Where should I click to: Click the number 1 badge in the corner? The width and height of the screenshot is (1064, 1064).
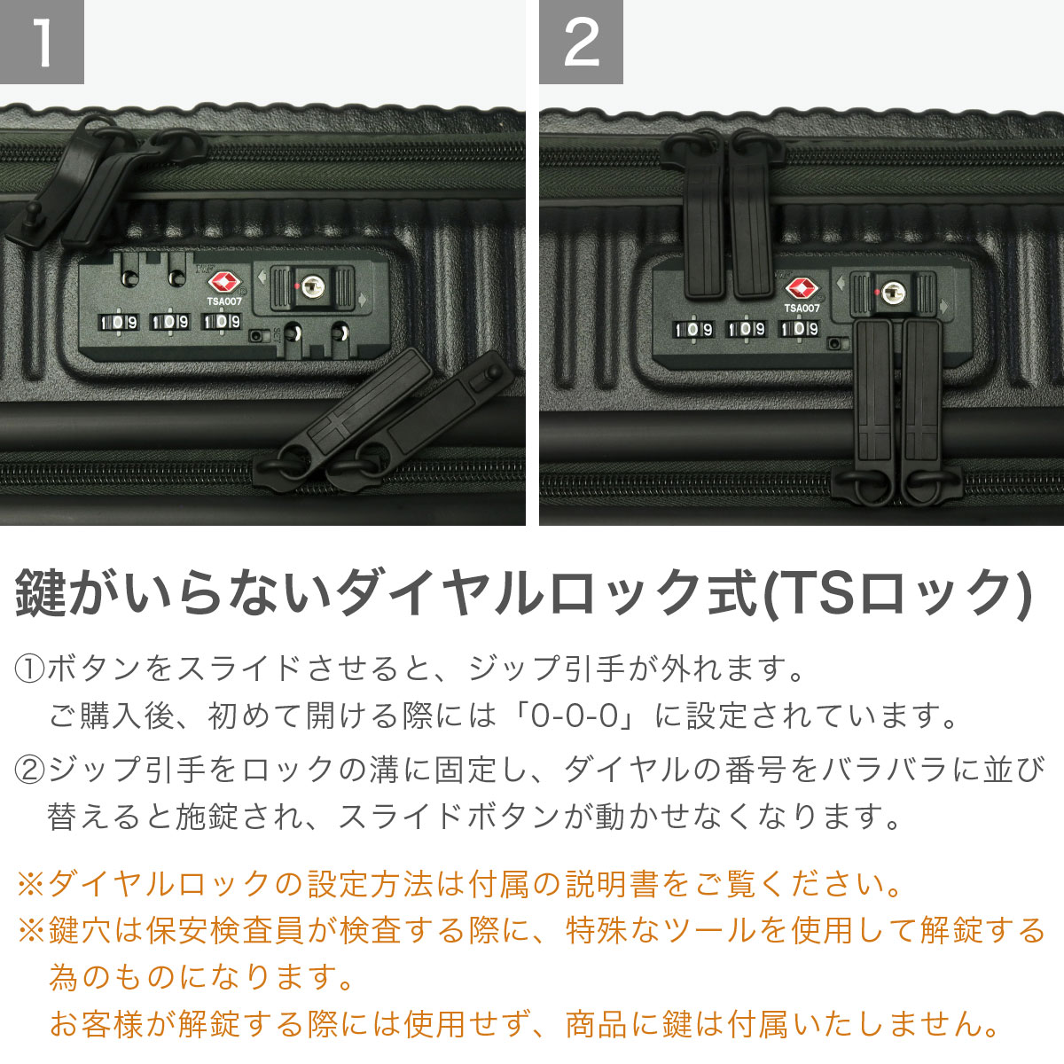pos(42,42)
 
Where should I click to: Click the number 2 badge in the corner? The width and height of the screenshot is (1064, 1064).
pos(581,42)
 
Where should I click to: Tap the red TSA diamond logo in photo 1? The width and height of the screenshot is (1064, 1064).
pos(224,283)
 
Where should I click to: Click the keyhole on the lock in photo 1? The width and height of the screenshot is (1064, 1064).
pos(311,286)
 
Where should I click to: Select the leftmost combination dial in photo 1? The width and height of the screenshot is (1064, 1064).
pos(118,322)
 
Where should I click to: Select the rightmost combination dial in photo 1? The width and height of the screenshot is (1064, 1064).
pos(222,322)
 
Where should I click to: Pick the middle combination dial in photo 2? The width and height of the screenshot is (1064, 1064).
pos(747,329)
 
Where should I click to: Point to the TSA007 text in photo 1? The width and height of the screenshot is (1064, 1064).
pos(224,301)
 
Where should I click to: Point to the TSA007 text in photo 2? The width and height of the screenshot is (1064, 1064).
pos(802,309)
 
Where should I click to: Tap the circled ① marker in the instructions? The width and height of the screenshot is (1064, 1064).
pos(29,668)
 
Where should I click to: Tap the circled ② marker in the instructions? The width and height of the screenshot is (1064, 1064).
pos(29,769)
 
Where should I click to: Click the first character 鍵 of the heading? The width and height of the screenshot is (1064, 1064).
pos(42,592)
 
